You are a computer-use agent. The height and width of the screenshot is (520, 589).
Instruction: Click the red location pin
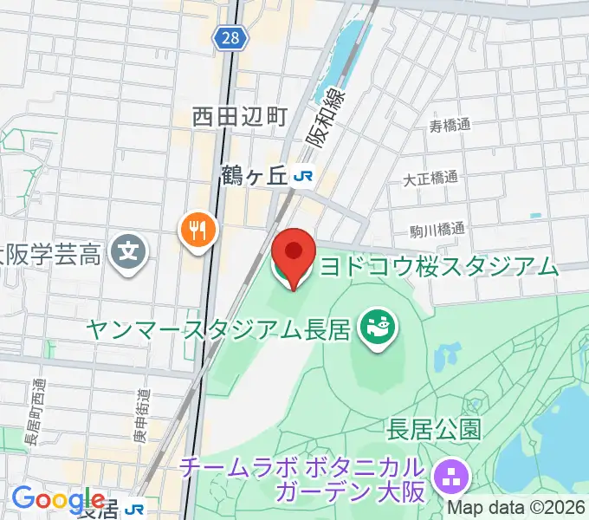294,252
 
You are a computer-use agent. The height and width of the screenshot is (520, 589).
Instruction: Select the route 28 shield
232,37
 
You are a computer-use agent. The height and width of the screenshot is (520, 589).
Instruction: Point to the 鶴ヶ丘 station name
252,176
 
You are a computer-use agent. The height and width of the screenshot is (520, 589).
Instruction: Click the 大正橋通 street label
430,179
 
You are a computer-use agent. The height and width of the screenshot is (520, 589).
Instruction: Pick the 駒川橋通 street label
437,231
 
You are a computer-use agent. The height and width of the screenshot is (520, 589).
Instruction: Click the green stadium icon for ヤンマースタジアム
379,327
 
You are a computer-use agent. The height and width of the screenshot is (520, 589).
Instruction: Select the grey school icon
131,254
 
